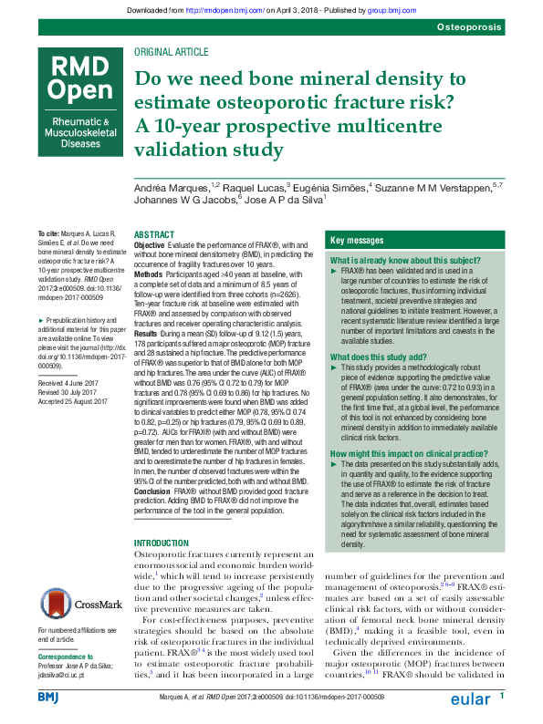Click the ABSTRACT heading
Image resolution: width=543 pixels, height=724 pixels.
click(153, 235)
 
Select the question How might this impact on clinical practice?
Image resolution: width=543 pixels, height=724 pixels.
click(406, 453)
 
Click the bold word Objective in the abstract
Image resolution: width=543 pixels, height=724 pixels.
click(150, 246)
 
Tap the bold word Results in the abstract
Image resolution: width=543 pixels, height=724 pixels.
click(146, 334)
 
